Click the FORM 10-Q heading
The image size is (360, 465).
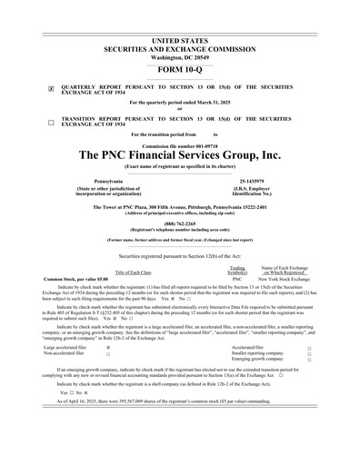point(179,69)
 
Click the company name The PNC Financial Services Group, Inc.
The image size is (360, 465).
point(179,155)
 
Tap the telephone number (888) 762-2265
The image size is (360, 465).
point(179,223)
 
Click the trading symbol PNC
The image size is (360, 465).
point(237,278)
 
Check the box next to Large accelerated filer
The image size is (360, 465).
point(109,347)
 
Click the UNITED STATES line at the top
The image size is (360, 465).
point(179,16)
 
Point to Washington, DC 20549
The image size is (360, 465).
point(179,34)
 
